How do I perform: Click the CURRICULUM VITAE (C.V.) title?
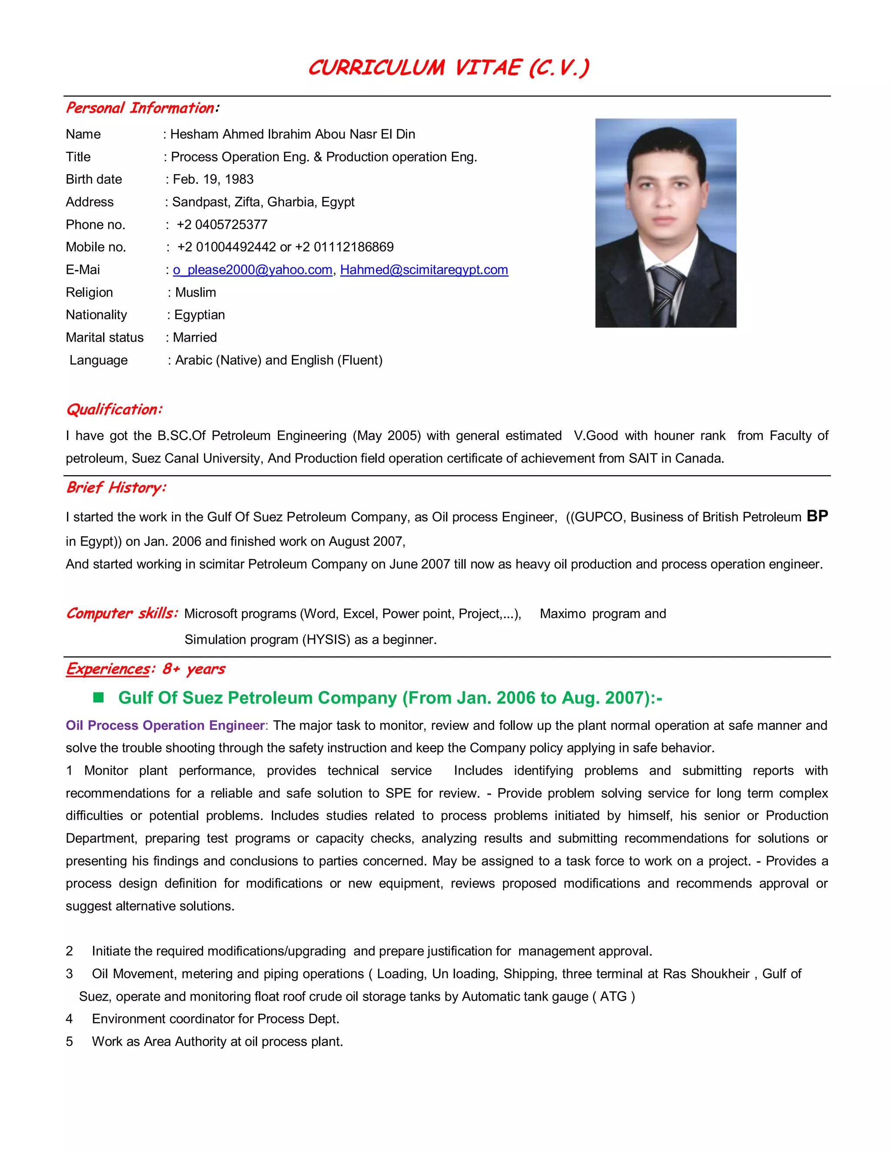pyautogui.click(x=448, y=67)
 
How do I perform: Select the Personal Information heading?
pyautogui.click(x=141, y=108)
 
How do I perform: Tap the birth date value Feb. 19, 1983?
pyautogui.click(x=213, y=180)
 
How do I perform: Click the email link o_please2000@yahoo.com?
pyautogui.click(x=252, y=270)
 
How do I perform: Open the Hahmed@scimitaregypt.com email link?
pyautogui.click(x=424, y=270)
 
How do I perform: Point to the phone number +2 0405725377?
pyautogui.click(x=222, y=225)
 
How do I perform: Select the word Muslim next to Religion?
pyautogui.click(x=195, y=292)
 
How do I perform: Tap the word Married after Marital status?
pyautogui.click(x=195, y=338)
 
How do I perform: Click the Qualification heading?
pyautogui.click(x=114, y=410)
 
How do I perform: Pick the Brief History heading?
pyautogui.click(x=116, y=487)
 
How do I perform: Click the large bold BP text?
pyautogui.click(x=817, y=516)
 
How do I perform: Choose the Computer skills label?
pyautogui.click(x=121, y=613)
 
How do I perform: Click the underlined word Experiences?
pyautogui.click(x=108, y=669)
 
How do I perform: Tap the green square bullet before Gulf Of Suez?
pyautogui.click(x=98, y=698)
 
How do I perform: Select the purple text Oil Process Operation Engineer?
pyautogui.click(x=165, y=726)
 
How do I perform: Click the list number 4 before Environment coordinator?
pyautogui.click(x=69, y=1019)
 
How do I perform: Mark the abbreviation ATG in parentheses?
pyautogui.click(x=613, y=996)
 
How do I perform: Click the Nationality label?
pyautogui.click(x=96, y=315)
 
